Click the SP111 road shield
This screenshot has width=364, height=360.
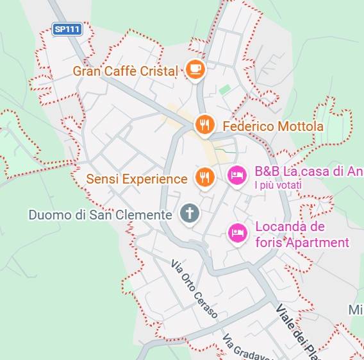coord(67,29)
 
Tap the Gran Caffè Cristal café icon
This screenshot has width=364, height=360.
coord(195,69)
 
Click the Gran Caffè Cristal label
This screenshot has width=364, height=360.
coord(125,71)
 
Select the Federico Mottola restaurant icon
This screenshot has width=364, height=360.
coord(204,125)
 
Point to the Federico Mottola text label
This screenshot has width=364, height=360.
coord(273,126)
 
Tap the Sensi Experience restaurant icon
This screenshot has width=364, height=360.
coord(204,177)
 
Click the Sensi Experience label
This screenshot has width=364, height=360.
coord(136,179)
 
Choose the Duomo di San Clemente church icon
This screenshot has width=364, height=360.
coord(189,213)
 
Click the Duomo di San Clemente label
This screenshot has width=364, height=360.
coord(100,215)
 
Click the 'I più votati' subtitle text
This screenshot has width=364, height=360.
coord(278,185)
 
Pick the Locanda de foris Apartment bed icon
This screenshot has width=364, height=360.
coord(237,233)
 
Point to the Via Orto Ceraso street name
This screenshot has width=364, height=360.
coord(194,289)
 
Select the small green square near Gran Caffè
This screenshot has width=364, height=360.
coord(224,90)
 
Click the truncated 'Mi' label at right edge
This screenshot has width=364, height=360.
coord(356,311)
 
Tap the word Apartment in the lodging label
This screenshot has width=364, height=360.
coord(317,243)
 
